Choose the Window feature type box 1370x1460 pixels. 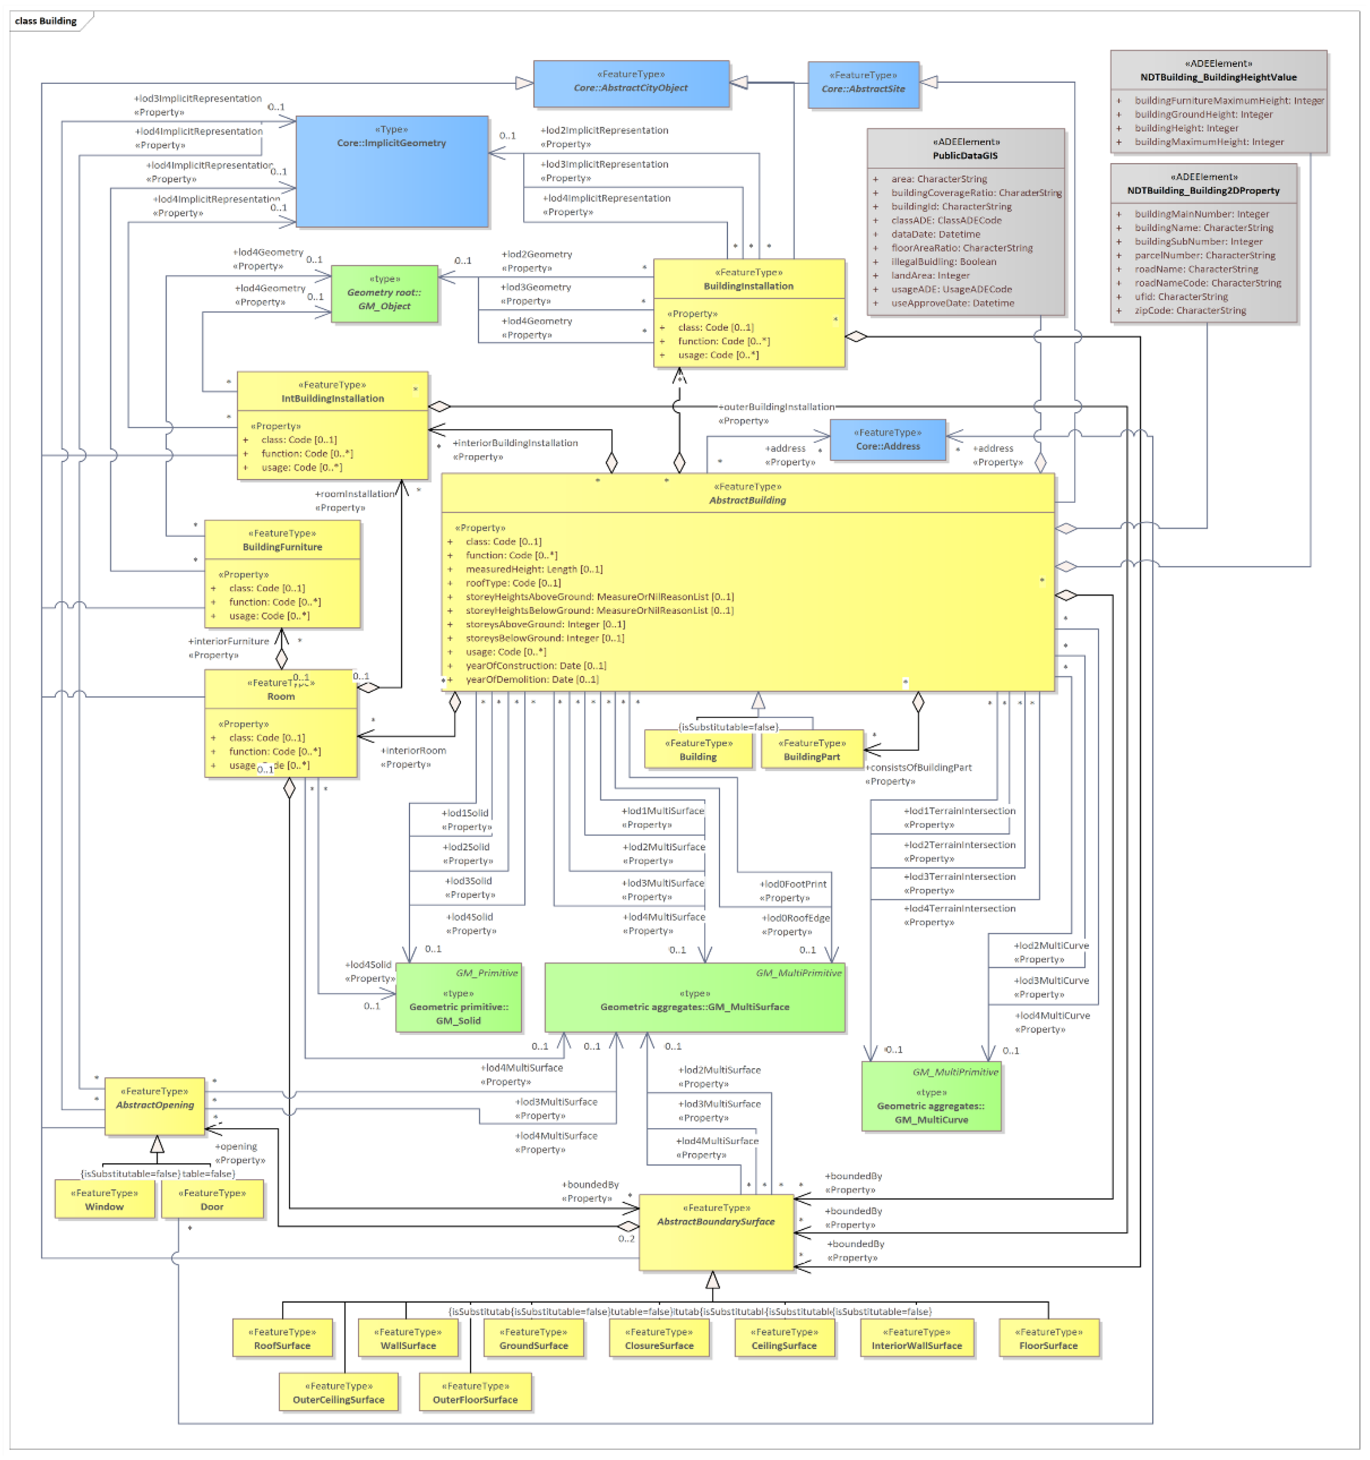[x=104, y=1199]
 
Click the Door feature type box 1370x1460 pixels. [x=212, y=1199]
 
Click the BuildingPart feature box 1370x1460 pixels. [x=811, y=750]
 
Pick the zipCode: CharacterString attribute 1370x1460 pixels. [x=1189, y=311]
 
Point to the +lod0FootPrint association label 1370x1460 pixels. [x=793, y=884]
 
